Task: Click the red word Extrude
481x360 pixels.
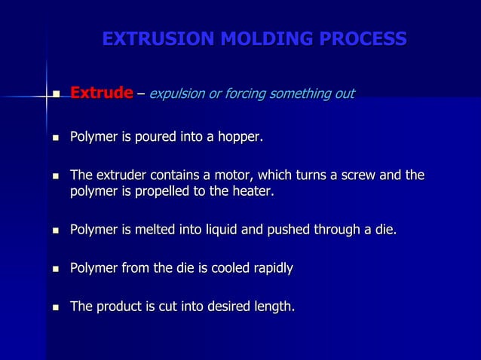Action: (x=102, y=93)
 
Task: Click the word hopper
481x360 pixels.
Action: (x=240, y=137)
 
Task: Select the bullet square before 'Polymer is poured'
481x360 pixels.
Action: (x=54, y=139)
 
